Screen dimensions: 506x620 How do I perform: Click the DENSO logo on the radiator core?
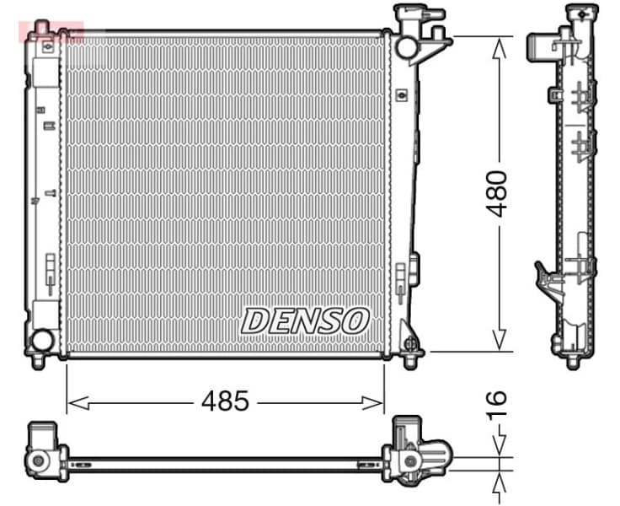tap(305, 320)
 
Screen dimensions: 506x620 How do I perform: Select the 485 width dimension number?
tap(225, 402)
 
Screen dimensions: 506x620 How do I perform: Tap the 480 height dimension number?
tap(500, 193)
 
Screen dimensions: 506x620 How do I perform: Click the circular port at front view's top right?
tap(407, 46)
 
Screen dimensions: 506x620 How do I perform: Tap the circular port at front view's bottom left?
tap(40, 341)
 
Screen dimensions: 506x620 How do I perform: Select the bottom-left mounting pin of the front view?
tap(38, 361)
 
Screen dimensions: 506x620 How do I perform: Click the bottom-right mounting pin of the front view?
tap(410, 361)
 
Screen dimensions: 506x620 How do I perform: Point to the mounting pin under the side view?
tap(573, 362)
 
